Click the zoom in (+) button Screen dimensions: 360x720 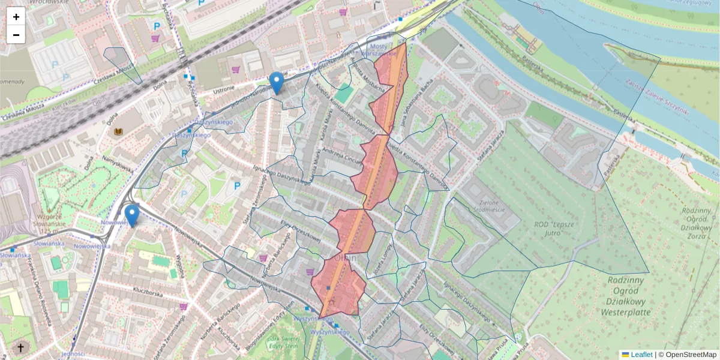pyautogui.click(x=16, y=16)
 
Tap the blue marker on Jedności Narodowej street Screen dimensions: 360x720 pyautogui.click(x=277, y=83)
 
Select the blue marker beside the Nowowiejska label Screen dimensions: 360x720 pyautogui.click(x=131, y=215)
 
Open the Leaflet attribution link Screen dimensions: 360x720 pyautogui.click(x=641, y=355)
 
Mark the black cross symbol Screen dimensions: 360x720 pyautogui.click(x=21, y=347)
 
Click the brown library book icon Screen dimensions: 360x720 pyautogui.click(x=118, y=131)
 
